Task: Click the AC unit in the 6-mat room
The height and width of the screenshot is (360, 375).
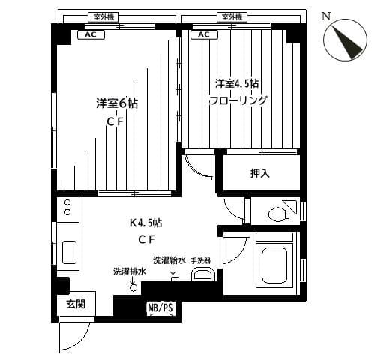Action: tap(91, 34)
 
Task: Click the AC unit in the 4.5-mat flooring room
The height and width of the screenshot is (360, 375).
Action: tap(204, 34)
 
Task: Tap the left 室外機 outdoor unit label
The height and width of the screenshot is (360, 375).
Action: tap(103, 17)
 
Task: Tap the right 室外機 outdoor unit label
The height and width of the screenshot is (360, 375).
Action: tap(232, 17)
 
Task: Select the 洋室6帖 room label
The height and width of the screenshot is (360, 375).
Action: tap(117, 103)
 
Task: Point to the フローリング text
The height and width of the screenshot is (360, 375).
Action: tap(238, 100)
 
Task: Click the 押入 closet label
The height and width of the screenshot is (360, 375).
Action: tap(260, 173)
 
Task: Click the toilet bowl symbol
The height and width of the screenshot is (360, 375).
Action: tap(279, 214)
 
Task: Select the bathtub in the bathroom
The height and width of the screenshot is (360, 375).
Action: tap(274, 265)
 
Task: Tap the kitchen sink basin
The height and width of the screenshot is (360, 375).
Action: tap(69, 252)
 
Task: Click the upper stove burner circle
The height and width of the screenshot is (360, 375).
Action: tap(67, 202)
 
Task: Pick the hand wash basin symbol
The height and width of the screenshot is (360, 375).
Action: tap(203, 274)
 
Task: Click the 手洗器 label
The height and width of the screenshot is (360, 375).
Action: tap(200, 261)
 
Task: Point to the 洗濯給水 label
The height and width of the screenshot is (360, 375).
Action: tap(169, 260)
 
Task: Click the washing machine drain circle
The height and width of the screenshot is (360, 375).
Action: tap(133, 288)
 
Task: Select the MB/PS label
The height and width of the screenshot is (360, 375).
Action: tap(160, 307)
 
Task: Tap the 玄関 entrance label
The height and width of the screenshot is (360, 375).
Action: tap(76, 304)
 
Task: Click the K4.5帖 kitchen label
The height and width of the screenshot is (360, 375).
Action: tap(145, 223)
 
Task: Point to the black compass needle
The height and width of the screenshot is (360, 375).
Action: tap(347, 43)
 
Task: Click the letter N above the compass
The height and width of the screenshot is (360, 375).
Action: tap(326, 16)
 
